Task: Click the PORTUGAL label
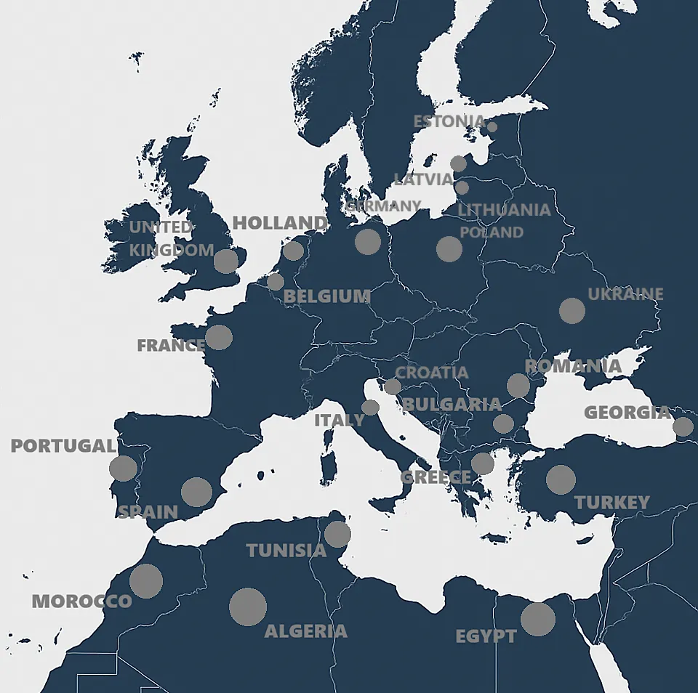63,446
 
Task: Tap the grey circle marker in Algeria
248,607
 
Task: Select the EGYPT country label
486,637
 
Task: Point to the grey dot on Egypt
538,619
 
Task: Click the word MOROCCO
81,601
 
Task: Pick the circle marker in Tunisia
337,534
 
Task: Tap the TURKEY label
611,503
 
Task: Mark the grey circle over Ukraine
572,311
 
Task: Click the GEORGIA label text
627,413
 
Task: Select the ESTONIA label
449,121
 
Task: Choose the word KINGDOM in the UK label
172,251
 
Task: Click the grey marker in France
219,337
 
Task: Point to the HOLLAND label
280,223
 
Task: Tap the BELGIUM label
327,296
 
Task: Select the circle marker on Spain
196,492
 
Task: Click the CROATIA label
432,373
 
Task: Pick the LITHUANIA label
504,210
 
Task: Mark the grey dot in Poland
449,249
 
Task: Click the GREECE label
436,477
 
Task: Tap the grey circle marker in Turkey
561,479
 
